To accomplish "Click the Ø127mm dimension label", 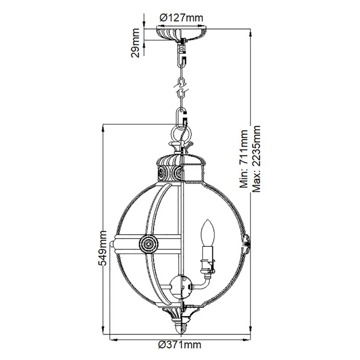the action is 181,18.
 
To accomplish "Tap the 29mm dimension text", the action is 135,43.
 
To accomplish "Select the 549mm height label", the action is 102,248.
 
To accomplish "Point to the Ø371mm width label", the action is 180,344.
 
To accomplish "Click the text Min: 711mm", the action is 244,159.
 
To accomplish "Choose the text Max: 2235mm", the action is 256,159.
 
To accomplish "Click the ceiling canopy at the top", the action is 181,34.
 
